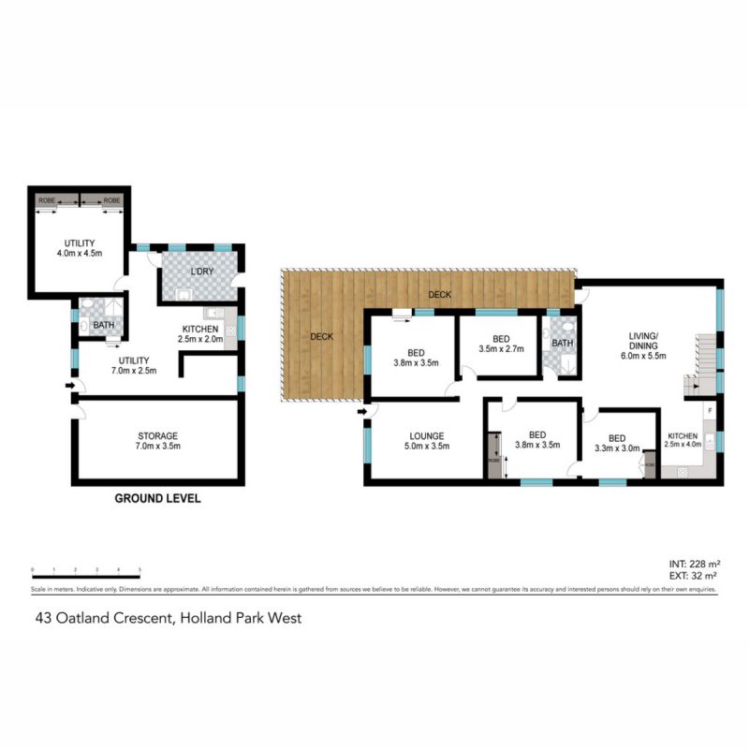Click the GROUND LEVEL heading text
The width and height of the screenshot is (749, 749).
(157, 499)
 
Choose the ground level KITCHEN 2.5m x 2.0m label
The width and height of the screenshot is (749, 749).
(200, 335)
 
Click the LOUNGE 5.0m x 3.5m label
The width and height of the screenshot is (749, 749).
(425, 441)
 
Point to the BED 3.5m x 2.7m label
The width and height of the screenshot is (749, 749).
(501, 345)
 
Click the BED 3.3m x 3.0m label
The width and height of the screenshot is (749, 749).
(616, 443)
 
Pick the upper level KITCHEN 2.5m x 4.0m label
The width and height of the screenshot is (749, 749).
(682, 441)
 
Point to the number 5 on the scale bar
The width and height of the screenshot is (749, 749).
(140, 570)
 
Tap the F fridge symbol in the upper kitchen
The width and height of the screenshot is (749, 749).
(710, 411)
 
